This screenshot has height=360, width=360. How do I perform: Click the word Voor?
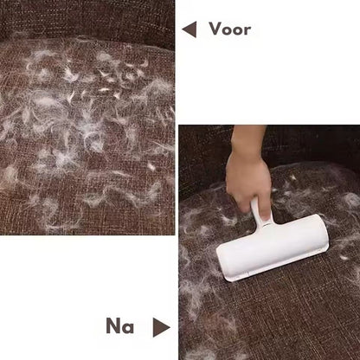(x=230, y=29)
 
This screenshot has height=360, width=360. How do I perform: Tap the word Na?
(x=119, y=326)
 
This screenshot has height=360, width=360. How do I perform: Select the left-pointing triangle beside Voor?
(x=190, y=29)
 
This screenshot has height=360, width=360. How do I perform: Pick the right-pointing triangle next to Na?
(x=161, y=327)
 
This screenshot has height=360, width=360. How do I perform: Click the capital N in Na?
(x=113, y=326)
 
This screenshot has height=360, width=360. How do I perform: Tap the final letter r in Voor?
(x=247, y=30)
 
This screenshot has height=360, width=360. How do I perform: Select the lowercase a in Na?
(x=128, y=328)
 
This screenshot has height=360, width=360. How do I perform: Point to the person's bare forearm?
(x=247, y=138)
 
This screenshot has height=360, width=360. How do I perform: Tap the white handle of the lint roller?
(x=260, y=214)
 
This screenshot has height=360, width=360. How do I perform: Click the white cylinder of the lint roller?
(x=273, y=247)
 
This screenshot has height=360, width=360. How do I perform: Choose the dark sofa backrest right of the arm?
(x=313, y=145)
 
